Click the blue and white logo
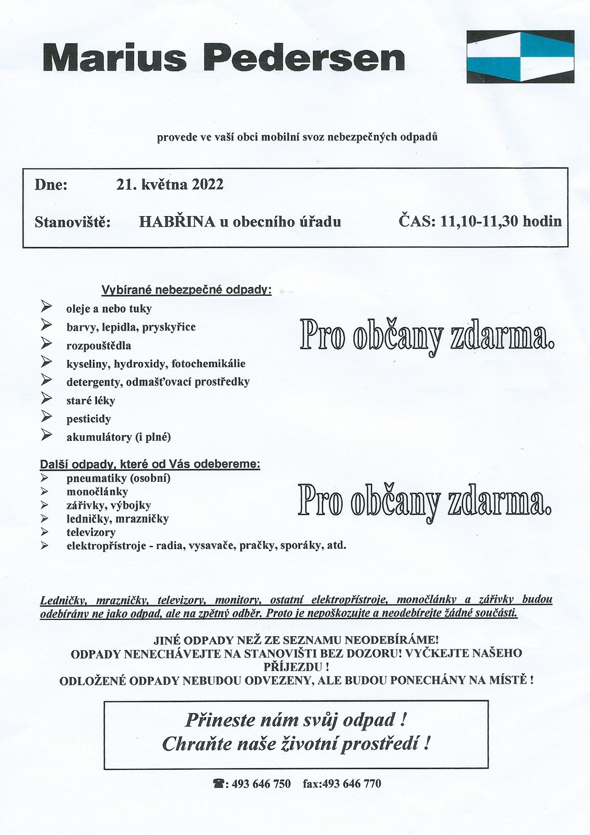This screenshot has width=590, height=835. [520, 56]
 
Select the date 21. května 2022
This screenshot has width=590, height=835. [170, 185]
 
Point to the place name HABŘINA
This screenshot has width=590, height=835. [177, 222]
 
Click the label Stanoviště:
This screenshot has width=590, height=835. [73, 222]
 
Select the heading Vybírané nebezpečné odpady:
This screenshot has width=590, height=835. [186, 290]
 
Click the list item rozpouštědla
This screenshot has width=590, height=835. [99, 345]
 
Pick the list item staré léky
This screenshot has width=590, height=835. [91, 401]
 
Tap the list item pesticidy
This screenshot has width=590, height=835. [89, 419]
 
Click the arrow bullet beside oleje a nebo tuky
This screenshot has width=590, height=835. [46, 306]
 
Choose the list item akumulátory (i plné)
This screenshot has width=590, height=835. [119, 437]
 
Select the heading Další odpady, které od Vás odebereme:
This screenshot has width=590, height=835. [150, 464]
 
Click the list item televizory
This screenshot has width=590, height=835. [91, 532]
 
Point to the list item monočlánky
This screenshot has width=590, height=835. [97, 492]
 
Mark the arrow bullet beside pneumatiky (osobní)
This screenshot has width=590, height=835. [45, 478]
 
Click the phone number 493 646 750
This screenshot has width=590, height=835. [261, 784]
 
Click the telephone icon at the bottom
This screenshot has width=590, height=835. [218, 784]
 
